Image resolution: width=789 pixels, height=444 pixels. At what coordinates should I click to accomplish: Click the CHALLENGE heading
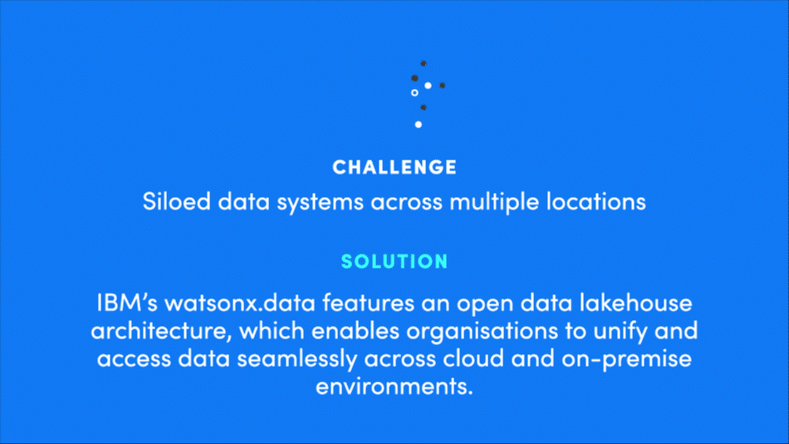pyautogui.click(x=394, y=167)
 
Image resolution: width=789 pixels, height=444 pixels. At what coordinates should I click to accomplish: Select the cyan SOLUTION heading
pyautogui.click(x=394, y=261)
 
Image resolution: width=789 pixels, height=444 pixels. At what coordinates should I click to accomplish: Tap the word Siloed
pyautogui.click(x=177, y=201)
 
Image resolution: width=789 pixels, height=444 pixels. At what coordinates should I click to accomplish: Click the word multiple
pyautogui.click(x=494, y=202)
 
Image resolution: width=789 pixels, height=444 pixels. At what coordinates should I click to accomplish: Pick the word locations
pyautogui.click(x=595, y=201)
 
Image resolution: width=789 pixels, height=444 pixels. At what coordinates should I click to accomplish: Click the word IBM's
pyautogui.click(x=127, y=303)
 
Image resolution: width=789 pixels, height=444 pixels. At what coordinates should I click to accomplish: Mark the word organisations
pyautogui.click(x=482, y=331)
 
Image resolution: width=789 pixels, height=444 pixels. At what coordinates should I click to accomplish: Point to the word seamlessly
pyautogui.click(x=296, y=359)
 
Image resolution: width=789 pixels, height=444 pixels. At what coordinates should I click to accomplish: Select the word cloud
pyautogui.click(x=473, y=358)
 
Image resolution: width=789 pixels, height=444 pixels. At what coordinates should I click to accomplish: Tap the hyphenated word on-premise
pyautogui.click(x=626, y=359)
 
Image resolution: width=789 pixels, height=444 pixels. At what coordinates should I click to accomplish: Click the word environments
pyautogui.click(x=394, y=387)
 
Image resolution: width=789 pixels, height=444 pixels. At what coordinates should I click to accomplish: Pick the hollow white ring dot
pyautogui.click(x=414, y=93)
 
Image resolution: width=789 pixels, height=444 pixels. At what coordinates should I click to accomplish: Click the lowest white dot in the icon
pyautogui.click(x=418, y=125)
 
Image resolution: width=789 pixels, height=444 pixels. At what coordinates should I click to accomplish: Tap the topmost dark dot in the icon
pyautogui.click(x=424, y=63)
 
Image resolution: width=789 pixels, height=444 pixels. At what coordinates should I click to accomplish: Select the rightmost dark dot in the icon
pyautogui.click(x=443, y=86)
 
